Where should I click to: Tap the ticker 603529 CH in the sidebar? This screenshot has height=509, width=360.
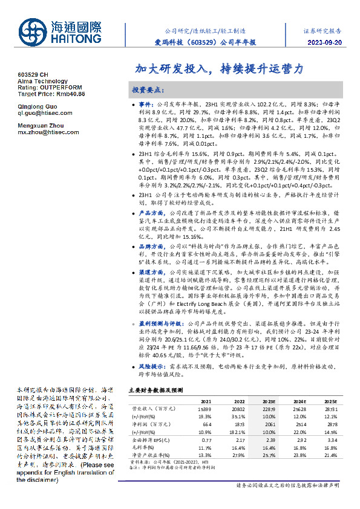[x=33, y=74]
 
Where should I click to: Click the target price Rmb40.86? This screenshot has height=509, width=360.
[x=68, y=94]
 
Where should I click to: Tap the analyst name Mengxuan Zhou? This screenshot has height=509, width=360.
[x=39, y=125]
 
